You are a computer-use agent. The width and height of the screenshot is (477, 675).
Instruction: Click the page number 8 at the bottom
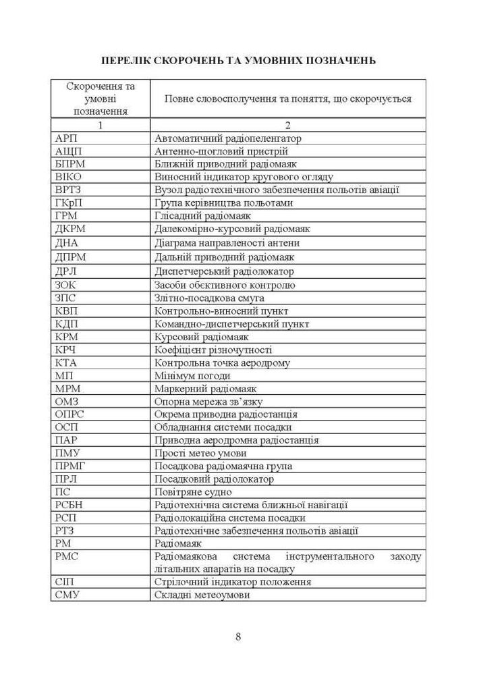(x=238, y=636)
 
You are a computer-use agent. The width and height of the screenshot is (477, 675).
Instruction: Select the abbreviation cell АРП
(x=65, y=138)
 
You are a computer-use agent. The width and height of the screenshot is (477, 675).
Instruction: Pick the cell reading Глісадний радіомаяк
(x=202, y=216)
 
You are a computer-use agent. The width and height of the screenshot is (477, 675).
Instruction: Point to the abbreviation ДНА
(x=67, y=243)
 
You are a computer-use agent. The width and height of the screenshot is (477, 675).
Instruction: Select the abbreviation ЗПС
(x=65, y=298)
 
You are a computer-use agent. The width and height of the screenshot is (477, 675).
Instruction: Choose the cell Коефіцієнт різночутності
(x=213, y=350)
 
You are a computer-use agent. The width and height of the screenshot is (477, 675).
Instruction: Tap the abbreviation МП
(x=63, y=375)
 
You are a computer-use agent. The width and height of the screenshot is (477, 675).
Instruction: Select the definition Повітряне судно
(x=190, y=492)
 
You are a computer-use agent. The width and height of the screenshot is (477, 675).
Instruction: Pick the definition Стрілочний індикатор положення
(x=233, y=582)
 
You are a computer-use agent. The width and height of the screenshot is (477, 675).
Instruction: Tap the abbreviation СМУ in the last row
(x=67, y=595)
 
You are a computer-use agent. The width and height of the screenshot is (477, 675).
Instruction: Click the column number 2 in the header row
(x=287, y=125)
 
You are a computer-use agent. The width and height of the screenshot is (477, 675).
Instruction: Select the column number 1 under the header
(x=100, y=125)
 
